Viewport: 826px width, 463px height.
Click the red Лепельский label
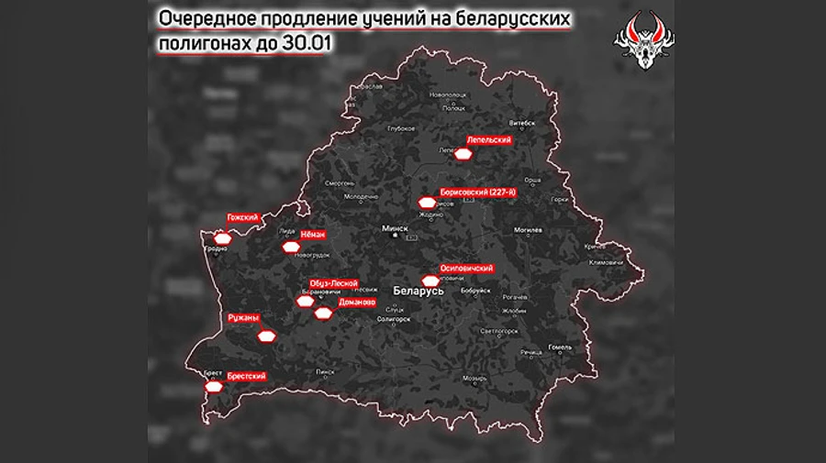coord(488,140)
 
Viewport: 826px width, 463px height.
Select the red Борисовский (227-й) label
coord(478,192)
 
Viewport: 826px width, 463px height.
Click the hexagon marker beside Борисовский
coord(427,203)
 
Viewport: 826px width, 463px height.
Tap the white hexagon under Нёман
coord(291,248)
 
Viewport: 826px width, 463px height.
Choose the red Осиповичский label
coord(467,268)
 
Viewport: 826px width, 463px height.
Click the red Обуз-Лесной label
coord(333,284)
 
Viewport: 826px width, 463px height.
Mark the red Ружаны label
coord(243,318)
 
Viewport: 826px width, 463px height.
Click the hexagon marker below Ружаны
coord(265,336)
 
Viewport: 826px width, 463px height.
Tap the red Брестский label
coord(247,376)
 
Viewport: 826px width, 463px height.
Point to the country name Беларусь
coord(418,290)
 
